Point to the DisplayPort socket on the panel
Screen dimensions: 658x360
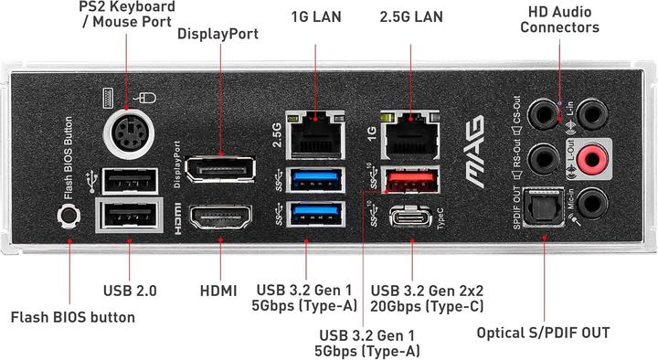[220, 171]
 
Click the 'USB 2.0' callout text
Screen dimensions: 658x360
[130, 291]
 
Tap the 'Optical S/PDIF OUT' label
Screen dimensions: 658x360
[543, 332]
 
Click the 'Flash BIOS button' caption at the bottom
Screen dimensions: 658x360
[72, 318]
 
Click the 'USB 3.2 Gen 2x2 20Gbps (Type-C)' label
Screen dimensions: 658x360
[428, 298]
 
